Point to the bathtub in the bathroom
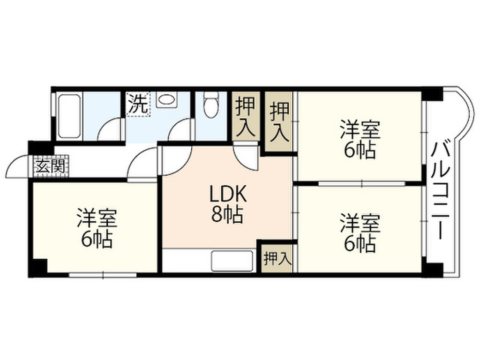pyautogui.click(x=69, y=116)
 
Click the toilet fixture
pyautogui.click(x=211, y=105)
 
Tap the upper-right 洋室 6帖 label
pyautogui.click(x=359, y=140)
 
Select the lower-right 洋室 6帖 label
pyautogui.click(x=359, y=233)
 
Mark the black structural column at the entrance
pyautogui.click(x=34, y=147)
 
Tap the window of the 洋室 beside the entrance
pyautogui.click(x=96, y=275)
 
